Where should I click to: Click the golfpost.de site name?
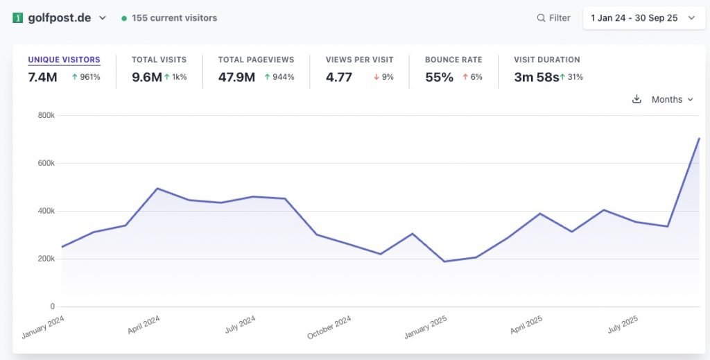coord(60,18)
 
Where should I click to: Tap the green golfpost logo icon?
coord(18,18)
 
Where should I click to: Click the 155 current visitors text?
coord(174,18)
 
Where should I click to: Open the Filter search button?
coord(553,18)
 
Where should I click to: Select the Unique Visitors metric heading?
coord(64,60)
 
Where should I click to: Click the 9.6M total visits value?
coord(146,77)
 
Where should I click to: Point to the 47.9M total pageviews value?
coord(236,77)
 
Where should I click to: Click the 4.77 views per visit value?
coord(339,77)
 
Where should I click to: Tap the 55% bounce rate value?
coord(439,77)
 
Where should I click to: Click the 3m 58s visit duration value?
coord(536,77)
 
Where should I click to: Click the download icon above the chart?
coord(637,99)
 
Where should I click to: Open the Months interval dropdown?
coord(672,99)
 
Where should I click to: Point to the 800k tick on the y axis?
coord(46,115)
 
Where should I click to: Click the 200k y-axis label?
coord(46,259)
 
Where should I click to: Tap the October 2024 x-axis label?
coord(329,327)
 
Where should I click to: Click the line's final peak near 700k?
coord(699,139)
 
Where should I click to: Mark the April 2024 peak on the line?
coord(157,188)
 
